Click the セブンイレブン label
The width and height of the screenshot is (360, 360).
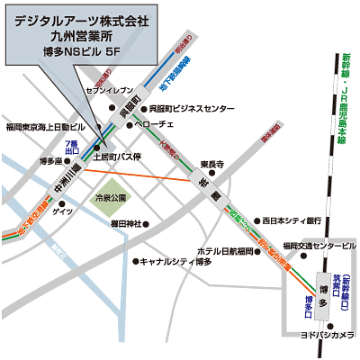pyautogui.click(x=108, y=91)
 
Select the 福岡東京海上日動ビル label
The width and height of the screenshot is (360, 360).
pyautogui.click(x=44, y=127)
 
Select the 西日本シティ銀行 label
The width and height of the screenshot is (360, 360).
pyautogui.click(x=291, y=219)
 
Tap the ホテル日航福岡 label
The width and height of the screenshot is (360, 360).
pyautogui.click(x=224, y=249)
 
